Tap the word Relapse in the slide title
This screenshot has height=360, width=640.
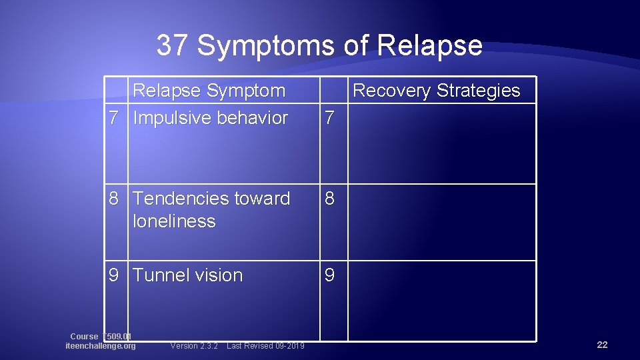click(x=429, y=45)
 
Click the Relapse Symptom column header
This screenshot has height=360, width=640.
click(x=209, y=91)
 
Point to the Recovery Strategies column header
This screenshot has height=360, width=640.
click(x=436, y=91)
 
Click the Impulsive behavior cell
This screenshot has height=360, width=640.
click(x=211, y=118)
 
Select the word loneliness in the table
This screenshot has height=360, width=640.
click(x=174, y=221)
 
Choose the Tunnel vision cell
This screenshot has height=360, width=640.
click(x=188, y=275)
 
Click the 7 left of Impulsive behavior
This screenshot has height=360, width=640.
click(x=114, y=118)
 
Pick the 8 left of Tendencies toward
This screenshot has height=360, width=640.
click(x=114, y=199)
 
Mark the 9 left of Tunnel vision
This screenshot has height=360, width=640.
click(x=114, y=275)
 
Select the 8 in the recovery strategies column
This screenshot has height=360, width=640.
click(x=329, y=199)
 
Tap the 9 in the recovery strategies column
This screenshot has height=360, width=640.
click(x=329, y=275)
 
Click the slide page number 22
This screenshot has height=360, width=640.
click(x=602, y=345)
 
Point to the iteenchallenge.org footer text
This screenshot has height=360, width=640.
click(x=101, y=346)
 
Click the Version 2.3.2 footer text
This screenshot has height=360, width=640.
click(x=194, y=346)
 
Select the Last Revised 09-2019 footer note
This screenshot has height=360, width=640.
click(x=265, y=346)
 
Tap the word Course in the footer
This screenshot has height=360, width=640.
click(x=84, y=337)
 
